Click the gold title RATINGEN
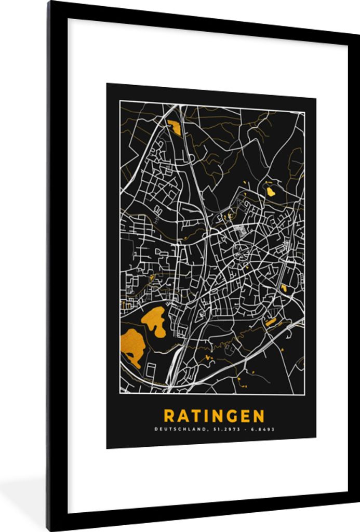click(214, 416)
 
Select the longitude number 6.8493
click(263, 429)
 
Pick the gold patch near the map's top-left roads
click(174, 126)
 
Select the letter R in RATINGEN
click(169, 416)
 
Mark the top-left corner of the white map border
click(120, 101)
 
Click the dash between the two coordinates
click(243, 429)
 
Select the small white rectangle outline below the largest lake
click(151, 370)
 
